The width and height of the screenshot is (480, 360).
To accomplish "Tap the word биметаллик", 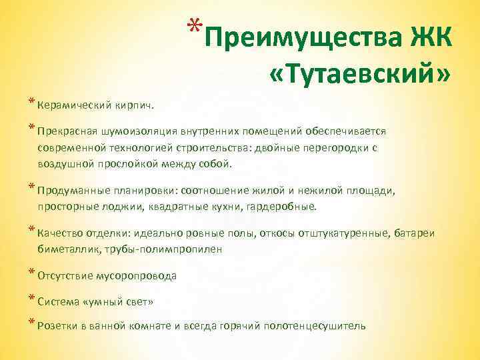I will tap(66, 249).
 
